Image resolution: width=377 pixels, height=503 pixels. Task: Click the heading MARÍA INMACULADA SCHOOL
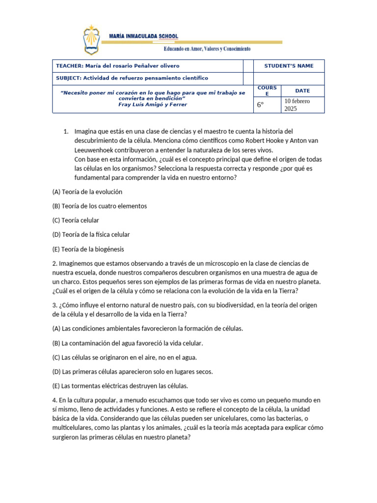click(143, 36)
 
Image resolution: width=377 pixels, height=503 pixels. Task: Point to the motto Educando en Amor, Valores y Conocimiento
click(207, 49)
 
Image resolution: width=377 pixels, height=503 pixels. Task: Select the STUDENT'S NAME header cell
click(289, 66)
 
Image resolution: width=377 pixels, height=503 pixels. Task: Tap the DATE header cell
click(302, 91)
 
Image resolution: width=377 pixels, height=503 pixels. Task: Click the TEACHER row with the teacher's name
click(118, 66)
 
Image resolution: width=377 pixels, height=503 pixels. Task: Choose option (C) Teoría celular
click(76, 220)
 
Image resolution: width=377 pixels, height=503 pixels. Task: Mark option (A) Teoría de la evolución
click(87, 192)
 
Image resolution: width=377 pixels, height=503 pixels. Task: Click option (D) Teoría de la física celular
click(91, 234)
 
